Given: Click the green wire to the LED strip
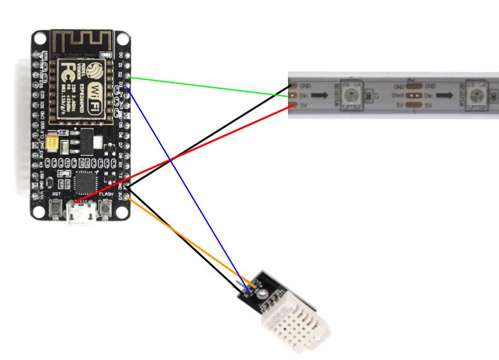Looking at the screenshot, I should coord(207,87).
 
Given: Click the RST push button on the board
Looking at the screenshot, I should coord(56,208).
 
